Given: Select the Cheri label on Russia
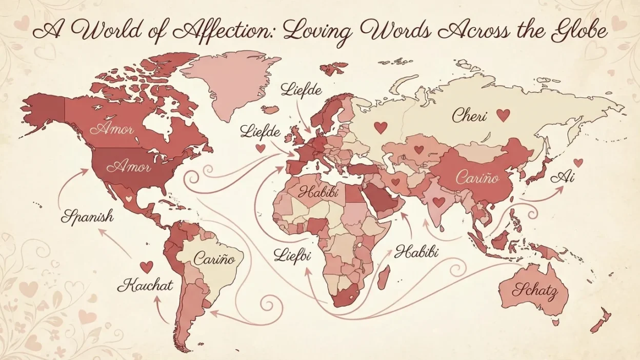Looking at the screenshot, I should click(469, 115).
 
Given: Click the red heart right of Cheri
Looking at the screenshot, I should click(503, 115).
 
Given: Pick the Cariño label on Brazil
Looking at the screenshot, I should click(214, 259).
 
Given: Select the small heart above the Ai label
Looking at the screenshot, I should click(578, 163).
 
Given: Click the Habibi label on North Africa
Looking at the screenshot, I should click(316, 194).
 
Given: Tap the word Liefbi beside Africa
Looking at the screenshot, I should click(292, 254).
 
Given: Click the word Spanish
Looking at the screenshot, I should click(87, 216).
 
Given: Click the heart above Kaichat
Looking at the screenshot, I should click(146, 267).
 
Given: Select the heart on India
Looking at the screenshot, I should click(438, 202).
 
